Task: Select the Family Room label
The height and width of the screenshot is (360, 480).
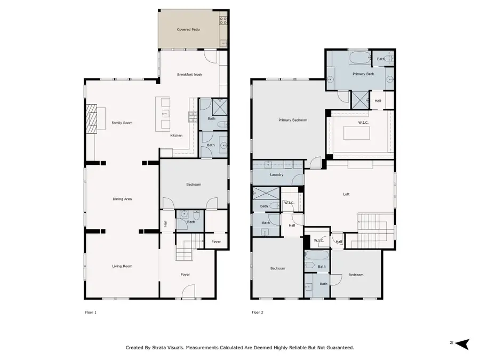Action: (122, 123)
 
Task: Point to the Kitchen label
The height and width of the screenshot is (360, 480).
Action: (176, 135)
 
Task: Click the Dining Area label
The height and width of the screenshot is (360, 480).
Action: (122, 199)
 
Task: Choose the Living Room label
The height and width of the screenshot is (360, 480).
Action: (122, 266)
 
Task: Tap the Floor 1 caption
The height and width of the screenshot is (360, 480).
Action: (91, 312)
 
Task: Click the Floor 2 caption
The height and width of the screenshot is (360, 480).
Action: (258, 312)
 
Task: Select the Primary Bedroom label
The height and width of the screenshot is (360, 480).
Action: (293, 120)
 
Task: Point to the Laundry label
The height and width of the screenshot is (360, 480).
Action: (276, 174)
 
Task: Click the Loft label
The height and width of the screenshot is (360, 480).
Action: (346, 194)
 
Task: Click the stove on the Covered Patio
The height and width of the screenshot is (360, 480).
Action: (224, 21)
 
